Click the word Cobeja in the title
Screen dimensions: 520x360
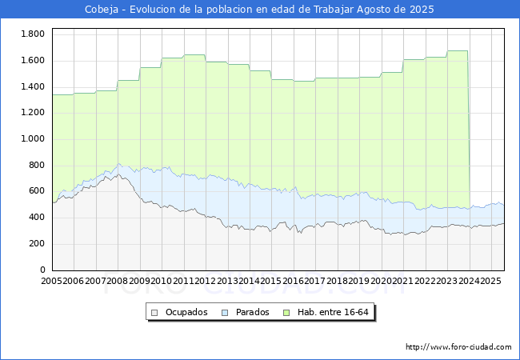(102, 10)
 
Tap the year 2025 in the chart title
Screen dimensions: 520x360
(422, 10)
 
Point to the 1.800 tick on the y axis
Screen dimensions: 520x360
(33, 34)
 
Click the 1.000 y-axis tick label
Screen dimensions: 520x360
(33, 138)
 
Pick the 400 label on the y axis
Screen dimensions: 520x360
(37, 217)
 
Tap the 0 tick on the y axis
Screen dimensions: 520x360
(42, 270)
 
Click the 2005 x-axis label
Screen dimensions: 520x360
(51, 281)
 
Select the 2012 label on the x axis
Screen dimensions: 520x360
(206, 281)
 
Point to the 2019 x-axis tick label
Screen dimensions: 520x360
(359, 281)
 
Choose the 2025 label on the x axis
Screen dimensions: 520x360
(491, 281)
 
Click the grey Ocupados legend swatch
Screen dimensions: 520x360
(154, 312)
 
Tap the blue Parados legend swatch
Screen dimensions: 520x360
(225, 312)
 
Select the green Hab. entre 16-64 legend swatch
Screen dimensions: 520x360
(286, 312)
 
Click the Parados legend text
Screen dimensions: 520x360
(252, 312)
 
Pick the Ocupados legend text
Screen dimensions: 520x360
(186, 312)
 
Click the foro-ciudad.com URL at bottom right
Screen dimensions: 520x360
(458, 347)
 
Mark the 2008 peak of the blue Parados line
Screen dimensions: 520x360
(118, 163)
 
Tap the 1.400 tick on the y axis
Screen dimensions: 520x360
(33, 86)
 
